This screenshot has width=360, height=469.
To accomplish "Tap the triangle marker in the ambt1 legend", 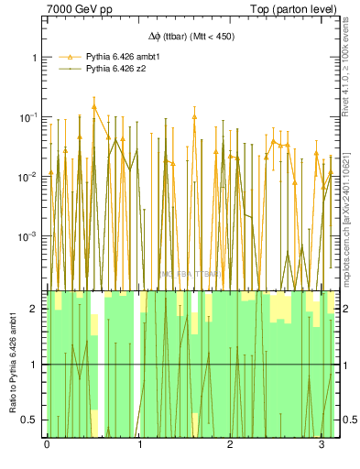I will pos(68,57).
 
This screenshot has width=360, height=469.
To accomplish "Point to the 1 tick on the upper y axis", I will pos(34,57).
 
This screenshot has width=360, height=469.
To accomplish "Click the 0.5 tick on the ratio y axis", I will pos(30,420).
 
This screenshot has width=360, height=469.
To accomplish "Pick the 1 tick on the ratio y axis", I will pos(34,365).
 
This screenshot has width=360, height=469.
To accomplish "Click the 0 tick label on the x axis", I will pos(47,446).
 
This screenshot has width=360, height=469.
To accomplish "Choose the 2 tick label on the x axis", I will pos(230,446).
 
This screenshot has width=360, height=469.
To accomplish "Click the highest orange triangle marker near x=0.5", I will pos(93,106).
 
